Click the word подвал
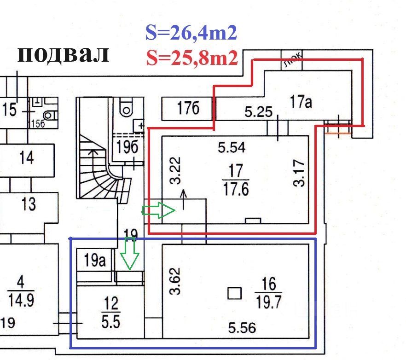pyautogui.click(x=63, y=54)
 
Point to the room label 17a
pyautogui.click(x=302, y=101)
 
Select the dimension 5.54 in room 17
pyautogui.click(x=232, y=148)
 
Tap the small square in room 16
pyautogui.click(x=235, y=293)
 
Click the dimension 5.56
pyautogui.click(x=242, y=328)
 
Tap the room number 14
pyautogui.click(x=27, y=158)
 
